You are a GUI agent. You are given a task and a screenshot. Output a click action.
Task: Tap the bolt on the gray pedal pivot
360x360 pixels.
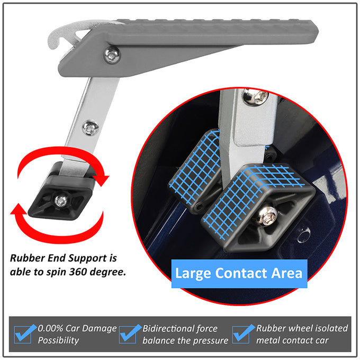point(112,55)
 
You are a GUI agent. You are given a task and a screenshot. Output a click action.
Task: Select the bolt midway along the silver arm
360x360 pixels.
point(91,128)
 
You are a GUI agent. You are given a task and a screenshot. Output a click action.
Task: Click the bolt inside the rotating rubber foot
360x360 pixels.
point(60,201)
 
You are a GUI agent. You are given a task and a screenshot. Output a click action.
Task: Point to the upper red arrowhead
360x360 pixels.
point(101,181)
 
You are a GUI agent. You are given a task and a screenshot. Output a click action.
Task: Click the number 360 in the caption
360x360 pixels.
point(78,272)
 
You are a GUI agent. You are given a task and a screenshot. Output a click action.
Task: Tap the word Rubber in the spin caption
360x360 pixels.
point(28,258)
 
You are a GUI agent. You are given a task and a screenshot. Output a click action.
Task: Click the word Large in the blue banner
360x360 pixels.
point(193,274)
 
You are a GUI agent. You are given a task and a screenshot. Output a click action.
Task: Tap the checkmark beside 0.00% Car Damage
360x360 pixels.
point(24,334)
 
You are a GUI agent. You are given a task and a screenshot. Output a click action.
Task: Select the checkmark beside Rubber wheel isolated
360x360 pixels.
point(243,334)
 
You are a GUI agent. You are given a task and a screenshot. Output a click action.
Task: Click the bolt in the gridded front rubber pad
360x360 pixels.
point(267,215)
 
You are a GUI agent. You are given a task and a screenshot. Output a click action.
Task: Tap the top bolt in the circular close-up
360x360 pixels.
point(255,96)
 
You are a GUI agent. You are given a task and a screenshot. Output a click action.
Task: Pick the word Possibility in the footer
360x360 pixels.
point(58,340)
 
